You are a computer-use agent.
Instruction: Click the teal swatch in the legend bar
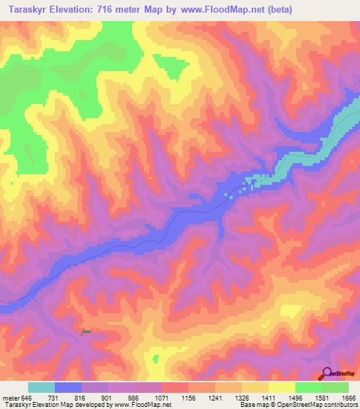[x=41, y=387]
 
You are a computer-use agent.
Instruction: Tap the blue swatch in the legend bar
[x=68, y=387]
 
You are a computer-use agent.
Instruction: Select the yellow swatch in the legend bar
[x=281, y=387]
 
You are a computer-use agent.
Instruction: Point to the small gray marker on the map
[x=86, y=332]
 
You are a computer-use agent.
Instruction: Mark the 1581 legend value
[x=319, y=398]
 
